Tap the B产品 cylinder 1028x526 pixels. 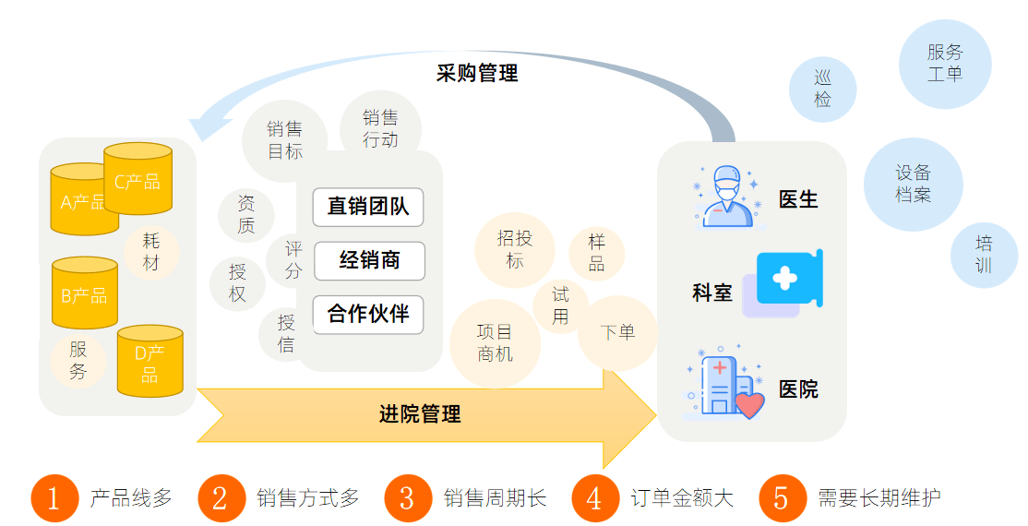tap(84, 295)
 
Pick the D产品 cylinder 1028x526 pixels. tap(150, 362)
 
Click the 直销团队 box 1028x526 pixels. tap(367, 207)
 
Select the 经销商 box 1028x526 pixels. tap(369, 261)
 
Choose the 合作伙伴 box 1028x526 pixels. tap(367, 315)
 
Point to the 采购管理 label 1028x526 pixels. tap(477, 73)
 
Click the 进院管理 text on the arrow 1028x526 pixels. tap(420, 414)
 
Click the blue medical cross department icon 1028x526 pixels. tap(787, 279)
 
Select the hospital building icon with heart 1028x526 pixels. tap(726, 387)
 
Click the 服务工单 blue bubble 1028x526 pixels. tap(945, 64)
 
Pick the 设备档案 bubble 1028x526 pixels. tap(913, 184)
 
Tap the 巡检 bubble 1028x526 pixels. tap(822, 90)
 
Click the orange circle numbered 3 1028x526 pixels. tap(407, 498)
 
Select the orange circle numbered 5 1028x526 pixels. tap(782, 498)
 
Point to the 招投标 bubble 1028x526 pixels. tap(515, 249)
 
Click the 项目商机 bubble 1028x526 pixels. tap(495, 342)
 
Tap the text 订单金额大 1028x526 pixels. tap(683, 498)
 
